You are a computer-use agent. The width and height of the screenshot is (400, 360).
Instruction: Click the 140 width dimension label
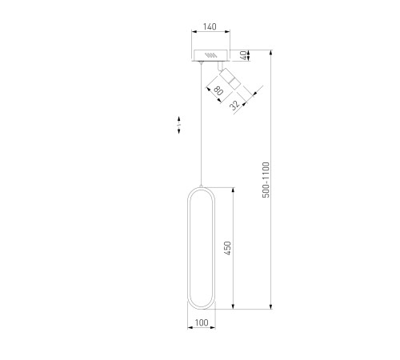coord(210,26)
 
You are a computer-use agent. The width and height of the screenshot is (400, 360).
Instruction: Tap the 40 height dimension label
coord(243,55)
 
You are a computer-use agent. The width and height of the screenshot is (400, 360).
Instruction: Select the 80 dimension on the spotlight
coord(218,90)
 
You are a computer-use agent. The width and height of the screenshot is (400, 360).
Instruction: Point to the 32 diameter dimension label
coord(234,105)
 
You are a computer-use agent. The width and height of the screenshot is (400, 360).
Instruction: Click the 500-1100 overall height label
coord(266,180)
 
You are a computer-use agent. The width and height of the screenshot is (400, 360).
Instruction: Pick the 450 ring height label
coord(227,248)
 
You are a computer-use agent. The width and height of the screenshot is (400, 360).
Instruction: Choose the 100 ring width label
coord(202,322)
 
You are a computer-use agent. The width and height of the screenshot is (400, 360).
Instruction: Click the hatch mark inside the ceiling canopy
coord(210,55)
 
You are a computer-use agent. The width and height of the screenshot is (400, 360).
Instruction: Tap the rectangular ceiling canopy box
coord(211,55)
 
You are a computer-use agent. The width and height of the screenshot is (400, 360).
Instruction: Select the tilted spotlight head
coord(230,78)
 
